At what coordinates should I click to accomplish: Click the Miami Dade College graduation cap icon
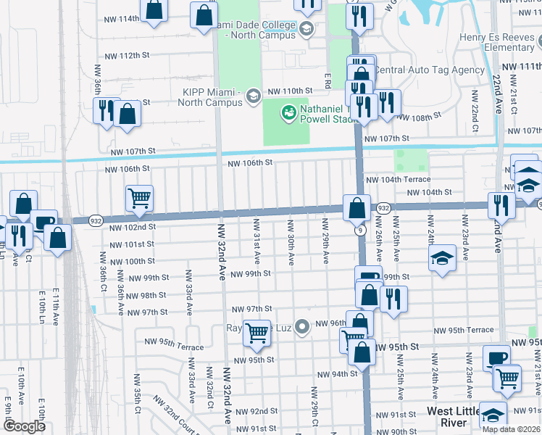pos(306,28)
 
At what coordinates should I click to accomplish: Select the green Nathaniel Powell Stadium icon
pos(289,112)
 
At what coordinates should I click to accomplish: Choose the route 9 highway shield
pos(359,231)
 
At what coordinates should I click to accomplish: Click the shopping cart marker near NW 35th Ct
pos(138,197)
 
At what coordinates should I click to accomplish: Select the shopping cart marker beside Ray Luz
pos(257,332)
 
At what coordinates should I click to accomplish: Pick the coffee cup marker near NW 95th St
pos(497,357)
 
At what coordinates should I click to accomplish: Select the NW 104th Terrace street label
pos(398,179)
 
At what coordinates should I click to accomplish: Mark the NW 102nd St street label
pos(131,227)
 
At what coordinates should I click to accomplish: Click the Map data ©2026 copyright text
pos(512,429)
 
